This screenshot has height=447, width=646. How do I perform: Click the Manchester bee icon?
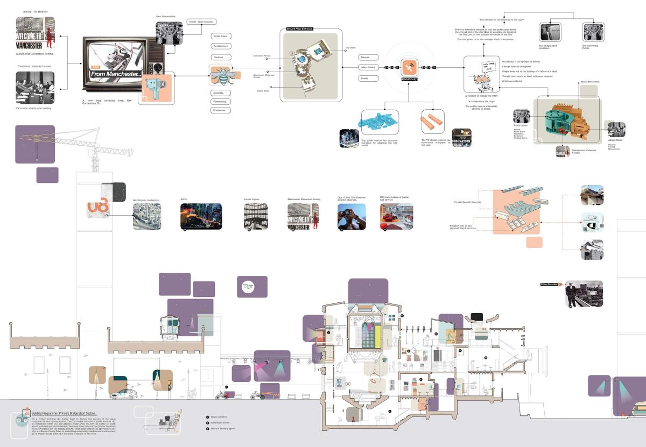coord(221,75)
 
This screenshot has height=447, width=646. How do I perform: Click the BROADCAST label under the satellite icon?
coord(410,79)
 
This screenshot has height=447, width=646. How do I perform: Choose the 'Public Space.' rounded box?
coord(221,36)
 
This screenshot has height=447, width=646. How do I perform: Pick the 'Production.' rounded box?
coord(221,110)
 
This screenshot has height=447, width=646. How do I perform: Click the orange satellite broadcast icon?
coord(409,67)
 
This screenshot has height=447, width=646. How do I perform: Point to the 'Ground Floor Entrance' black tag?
coord(299,29)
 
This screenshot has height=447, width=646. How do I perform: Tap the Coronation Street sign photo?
coord(461,138)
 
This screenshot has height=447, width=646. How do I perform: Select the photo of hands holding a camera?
coord(352,216)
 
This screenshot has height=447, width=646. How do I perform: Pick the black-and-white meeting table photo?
coord(35,87)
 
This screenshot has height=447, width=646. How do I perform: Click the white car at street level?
coord(122,394)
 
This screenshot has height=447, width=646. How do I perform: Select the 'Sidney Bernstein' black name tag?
coord(551,283)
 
